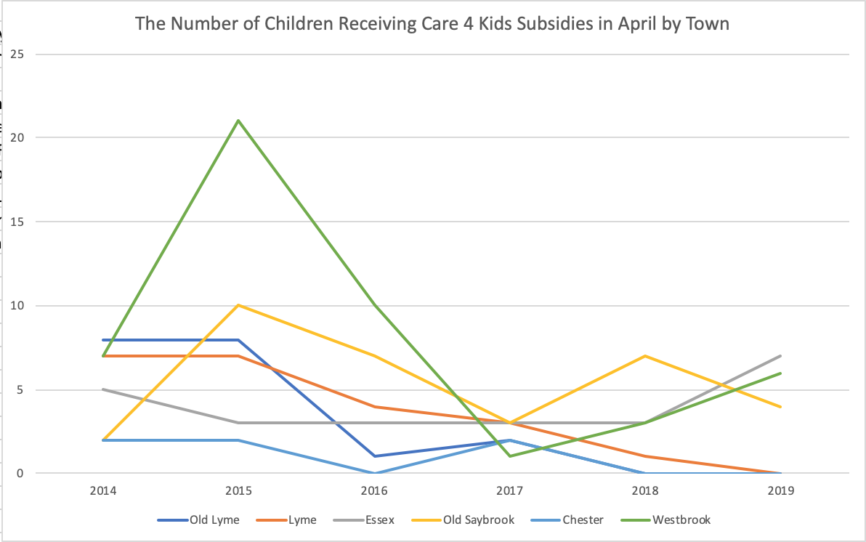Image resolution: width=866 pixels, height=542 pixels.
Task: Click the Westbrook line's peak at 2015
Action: click(238, 121)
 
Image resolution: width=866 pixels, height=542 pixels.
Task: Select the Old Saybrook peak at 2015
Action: click(238, 305)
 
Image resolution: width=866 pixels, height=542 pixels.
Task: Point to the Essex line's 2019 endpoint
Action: click(780, 356)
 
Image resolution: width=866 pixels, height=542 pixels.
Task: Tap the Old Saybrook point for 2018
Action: click(645, 356)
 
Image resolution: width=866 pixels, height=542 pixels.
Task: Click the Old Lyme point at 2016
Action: click(374, 456)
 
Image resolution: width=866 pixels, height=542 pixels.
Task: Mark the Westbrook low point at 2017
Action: click(510, 456)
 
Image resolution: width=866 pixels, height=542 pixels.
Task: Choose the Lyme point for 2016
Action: click(374, 406)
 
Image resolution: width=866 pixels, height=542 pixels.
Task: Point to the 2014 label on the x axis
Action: click(103, 490)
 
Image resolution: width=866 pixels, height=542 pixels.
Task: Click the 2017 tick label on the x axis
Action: click(510, 490)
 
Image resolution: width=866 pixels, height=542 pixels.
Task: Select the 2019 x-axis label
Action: click(780, 490)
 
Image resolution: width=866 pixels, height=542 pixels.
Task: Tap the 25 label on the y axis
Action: click(16, 54)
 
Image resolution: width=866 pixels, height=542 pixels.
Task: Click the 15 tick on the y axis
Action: click(16, 222)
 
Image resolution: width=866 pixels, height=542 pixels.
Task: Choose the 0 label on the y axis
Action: click(19, 474)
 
